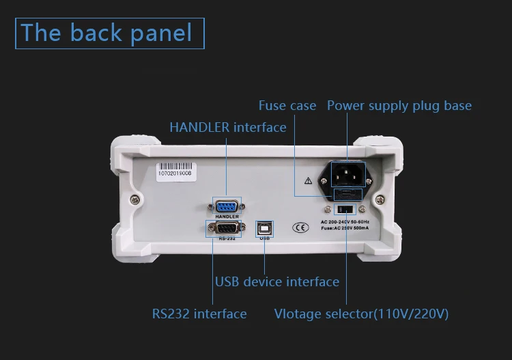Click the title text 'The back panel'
[x=107, y=33]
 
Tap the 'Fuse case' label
[x=287, y=106]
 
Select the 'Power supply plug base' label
[x=399, y=106]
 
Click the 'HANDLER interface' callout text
[x=227, y=127]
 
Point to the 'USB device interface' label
[x=276, y=281]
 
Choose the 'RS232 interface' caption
[x=199, y=314]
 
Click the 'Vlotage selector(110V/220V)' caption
[x=361, y=314]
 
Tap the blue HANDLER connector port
[x=227, y=206]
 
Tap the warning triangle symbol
[x=308, y=181]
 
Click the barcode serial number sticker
[x=175, y=169]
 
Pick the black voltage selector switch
[x=346, y=208]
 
